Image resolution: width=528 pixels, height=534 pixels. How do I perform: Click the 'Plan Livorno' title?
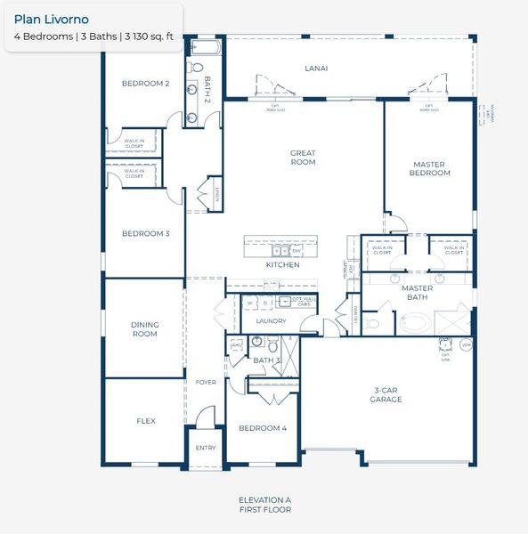tap(52, 19)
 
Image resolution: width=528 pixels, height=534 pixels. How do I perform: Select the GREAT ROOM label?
tap(303, 158)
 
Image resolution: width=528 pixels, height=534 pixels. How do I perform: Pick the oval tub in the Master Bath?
tap(416, 321)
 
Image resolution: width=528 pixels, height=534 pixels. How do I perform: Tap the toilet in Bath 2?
tap(197, 68)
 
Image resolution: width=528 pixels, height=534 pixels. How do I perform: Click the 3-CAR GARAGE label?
tap(387, 394)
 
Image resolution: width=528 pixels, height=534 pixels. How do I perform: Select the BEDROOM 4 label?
tap(263, 428)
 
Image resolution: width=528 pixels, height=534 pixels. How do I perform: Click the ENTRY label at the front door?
tap(205, 448)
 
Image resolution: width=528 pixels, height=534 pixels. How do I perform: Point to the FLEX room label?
tap(146, 421)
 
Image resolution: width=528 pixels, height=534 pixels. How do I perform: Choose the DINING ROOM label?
tap(144, 329)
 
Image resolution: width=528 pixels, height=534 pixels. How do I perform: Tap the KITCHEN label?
tap(282, 265)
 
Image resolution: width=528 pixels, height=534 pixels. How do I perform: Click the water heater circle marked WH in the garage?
tap(466, 344)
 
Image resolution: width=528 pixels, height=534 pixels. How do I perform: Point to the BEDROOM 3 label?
tap(145, 234)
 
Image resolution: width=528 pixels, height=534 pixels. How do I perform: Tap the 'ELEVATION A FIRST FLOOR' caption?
tap(264, 505)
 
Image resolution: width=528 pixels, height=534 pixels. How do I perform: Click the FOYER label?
tap(205, 382)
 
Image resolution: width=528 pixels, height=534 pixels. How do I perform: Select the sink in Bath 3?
tap(256, 341)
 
